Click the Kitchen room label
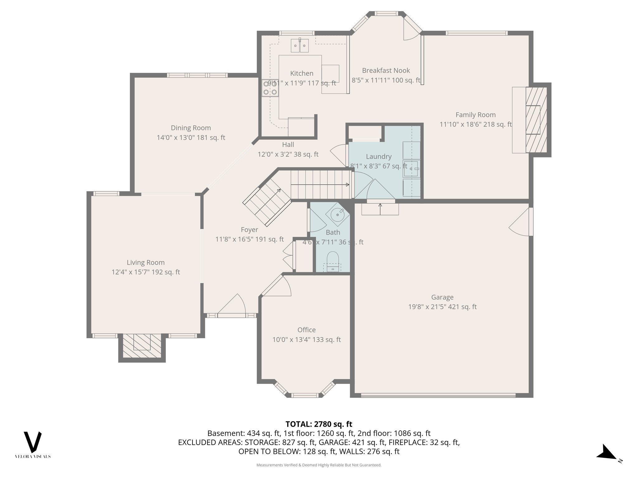302,73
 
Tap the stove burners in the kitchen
270,88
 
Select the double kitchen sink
300,46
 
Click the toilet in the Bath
333,260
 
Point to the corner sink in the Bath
337,215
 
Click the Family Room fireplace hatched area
536,120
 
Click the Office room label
307,330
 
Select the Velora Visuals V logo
33,442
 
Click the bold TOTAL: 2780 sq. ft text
319,424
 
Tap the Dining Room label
191,128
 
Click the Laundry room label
379,157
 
